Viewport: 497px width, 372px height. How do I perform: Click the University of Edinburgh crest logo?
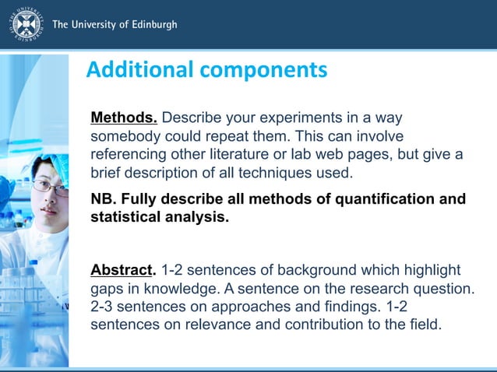tap(26, 25)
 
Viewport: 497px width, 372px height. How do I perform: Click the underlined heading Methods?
tap(124, 118)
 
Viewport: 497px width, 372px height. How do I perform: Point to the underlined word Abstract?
tap(122, 270)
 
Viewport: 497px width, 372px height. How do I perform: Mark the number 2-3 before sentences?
tap(104, 306)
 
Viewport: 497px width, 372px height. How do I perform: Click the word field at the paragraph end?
tap(426, 324)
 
